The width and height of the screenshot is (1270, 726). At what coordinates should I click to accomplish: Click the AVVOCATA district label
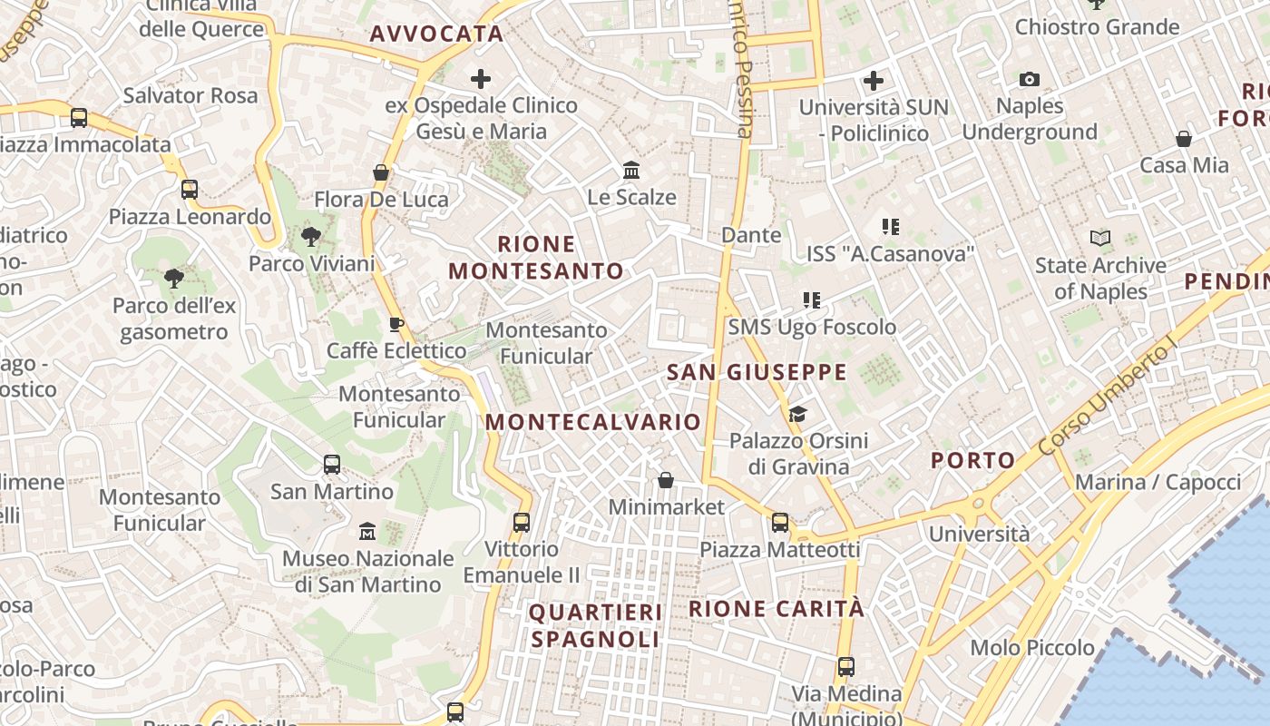(x=436, y=34)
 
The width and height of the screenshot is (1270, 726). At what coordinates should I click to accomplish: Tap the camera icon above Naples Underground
(x=1029, y=80)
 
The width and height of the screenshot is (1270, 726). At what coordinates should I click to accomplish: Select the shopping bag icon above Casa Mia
(x=1184, y=139)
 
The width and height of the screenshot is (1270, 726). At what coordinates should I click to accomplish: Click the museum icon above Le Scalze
(x=631, y=171)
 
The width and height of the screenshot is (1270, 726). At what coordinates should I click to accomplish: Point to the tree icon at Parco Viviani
(x=311, y=238)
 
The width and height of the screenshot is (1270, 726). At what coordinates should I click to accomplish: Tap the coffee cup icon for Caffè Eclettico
(x=396, y=324)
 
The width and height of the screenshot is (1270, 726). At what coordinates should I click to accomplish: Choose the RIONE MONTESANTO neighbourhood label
(x=536, y=258)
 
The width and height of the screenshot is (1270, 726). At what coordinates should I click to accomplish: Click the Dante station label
(x=751, y=235)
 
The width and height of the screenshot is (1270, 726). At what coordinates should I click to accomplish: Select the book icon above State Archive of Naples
(x=1100, y=239)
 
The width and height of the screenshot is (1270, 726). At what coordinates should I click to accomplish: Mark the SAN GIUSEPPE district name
(x=757, y=372)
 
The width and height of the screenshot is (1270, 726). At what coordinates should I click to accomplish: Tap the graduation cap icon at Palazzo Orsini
(x=797, y=415)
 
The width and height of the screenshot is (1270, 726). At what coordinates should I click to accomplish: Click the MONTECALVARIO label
(x=593, y=422)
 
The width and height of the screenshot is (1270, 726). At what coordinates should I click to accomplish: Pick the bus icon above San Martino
(x=332, y=465)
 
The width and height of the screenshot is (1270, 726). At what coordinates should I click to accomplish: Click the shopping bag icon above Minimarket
(x=666, y=480)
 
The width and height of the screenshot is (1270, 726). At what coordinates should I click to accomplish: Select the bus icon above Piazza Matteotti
(x=780, y=523)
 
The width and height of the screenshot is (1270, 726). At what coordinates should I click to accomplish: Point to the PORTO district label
(x=973, y=461)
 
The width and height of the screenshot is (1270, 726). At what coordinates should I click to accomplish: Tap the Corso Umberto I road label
(x=1109, y=397)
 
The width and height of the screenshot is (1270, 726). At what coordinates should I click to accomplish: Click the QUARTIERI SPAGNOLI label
(x=595, y=626)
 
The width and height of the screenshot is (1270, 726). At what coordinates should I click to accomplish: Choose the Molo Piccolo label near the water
(x=1032, y=648)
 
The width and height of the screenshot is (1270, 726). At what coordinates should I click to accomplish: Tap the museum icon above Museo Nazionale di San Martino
(x=367, y=531)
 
